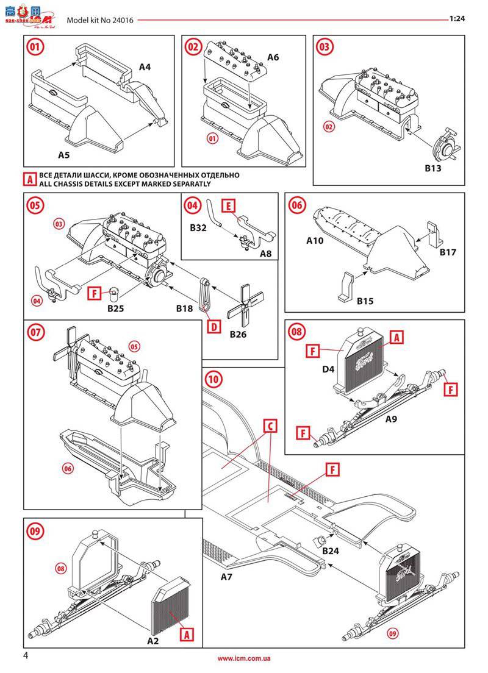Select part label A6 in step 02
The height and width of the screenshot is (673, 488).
pos(273,57)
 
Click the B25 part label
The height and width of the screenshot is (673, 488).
pos(115,308)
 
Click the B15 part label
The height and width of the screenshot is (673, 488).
pos(365,301)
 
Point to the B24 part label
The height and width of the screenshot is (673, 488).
pos(331,550)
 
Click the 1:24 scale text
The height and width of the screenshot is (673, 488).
pos(457,19)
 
